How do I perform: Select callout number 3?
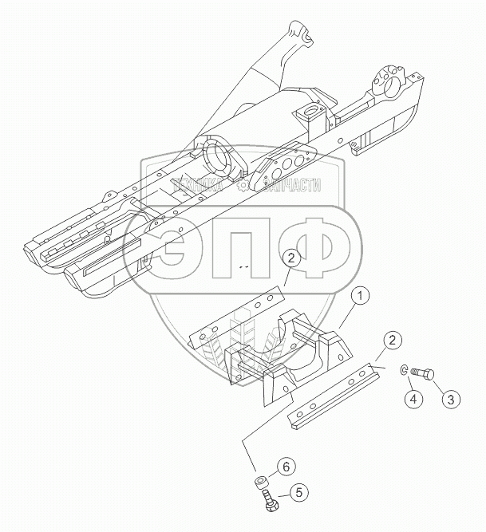451,399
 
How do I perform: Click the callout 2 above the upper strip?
292,258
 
